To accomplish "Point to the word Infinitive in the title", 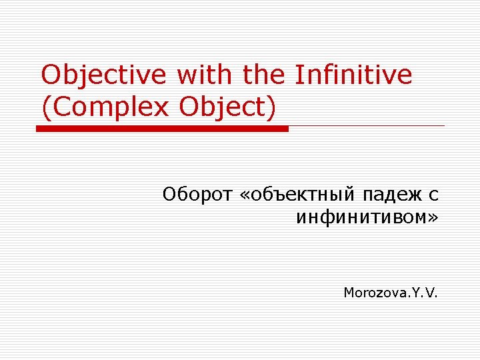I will click(x=353, y=75).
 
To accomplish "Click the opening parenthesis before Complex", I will click(x=45, y=107).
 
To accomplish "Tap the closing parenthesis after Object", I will click(x=271, y=107).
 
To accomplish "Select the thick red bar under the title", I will click(x=162, y=129).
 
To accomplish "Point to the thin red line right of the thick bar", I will click(x=367, y=125).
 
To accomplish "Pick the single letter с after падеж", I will click(x=433, y=195).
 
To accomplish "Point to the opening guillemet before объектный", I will click(x=245, y=195).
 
